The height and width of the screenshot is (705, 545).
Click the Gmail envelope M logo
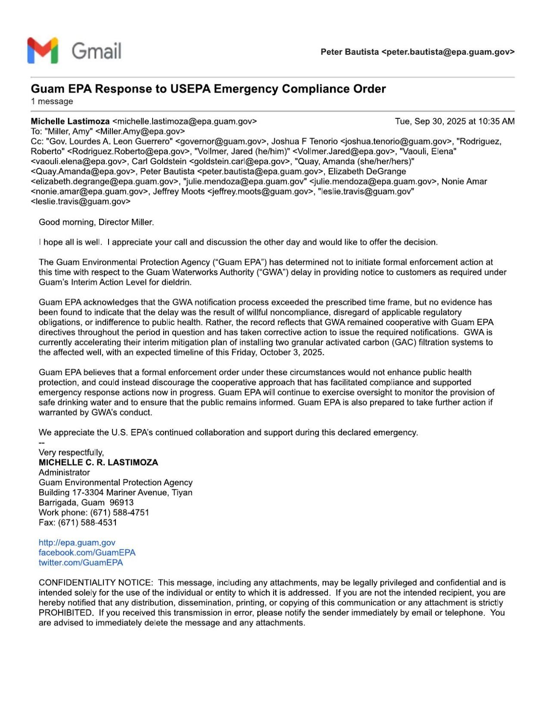[43, 50]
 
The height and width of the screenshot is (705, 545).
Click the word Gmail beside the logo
[96, 51]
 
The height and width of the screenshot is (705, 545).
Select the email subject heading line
[208, 89]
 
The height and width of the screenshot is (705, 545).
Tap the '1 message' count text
[52, 102]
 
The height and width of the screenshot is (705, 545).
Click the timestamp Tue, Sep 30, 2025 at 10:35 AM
[455, 121]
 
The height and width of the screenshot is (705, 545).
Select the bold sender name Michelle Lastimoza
[70, 121]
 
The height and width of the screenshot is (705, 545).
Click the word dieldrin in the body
[176, 283]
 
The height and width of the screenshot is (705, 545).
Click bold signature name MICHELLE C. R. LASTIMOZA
[98, 463]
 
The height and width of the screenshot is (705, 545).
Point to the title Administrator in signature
[64, 472]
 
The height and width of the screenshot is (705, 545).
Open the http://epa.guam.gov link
[77, 543]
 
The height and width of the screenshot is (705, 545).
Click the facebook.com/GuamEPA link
[87, 553]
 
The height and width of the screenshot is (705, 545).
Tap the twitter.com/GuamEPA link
[81, 562]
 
